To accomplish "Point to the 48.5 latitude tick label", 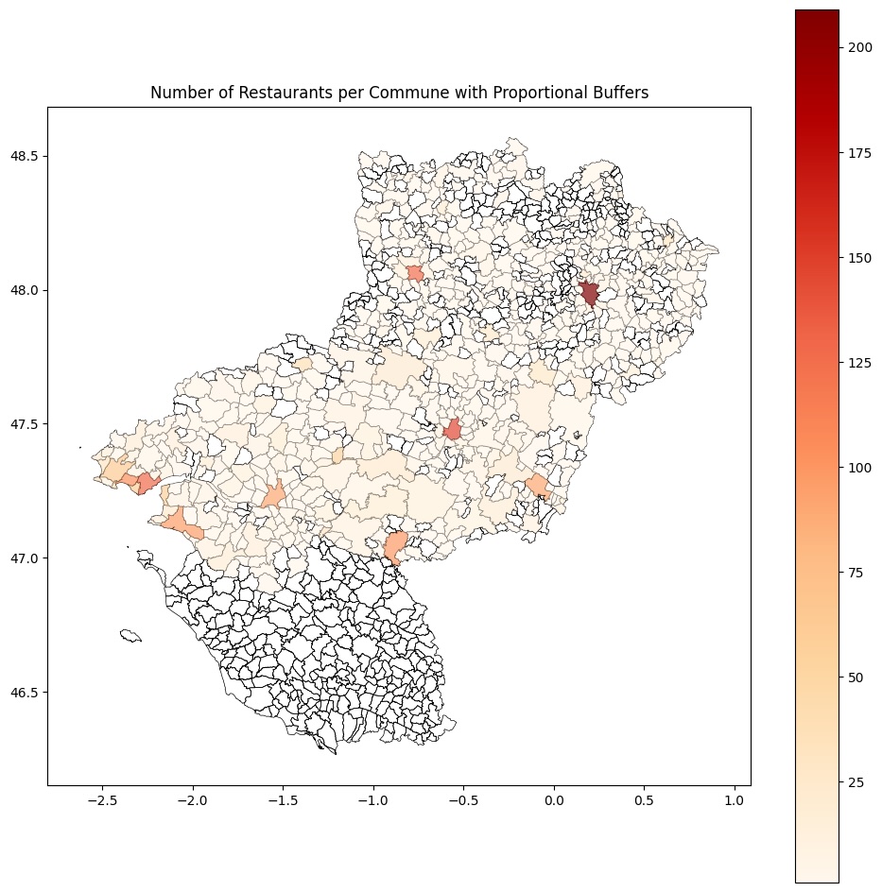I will (24, 156).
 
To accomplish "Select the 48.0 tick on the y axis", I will (24, 290).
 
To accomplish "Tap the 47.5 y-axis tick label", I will (24, 424).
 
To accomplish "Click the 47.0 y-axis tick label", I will (24, 558).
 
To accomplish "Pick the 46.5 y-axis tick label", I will (24, 693).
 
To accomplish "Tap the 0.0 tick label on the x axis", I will (554, 802).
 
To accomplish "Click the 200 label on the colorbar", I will (859, 46).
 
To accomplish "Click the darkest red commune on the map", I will (589, 293).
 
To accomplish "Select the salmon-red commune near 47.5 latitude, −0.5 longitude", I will (453, 430).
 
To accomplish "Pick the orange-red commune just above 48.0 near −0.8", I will (415, 273).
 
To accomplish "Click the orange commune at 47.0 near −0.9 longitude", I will (396, 546).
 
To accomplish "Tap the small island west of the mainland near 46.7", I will (130, 636).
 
